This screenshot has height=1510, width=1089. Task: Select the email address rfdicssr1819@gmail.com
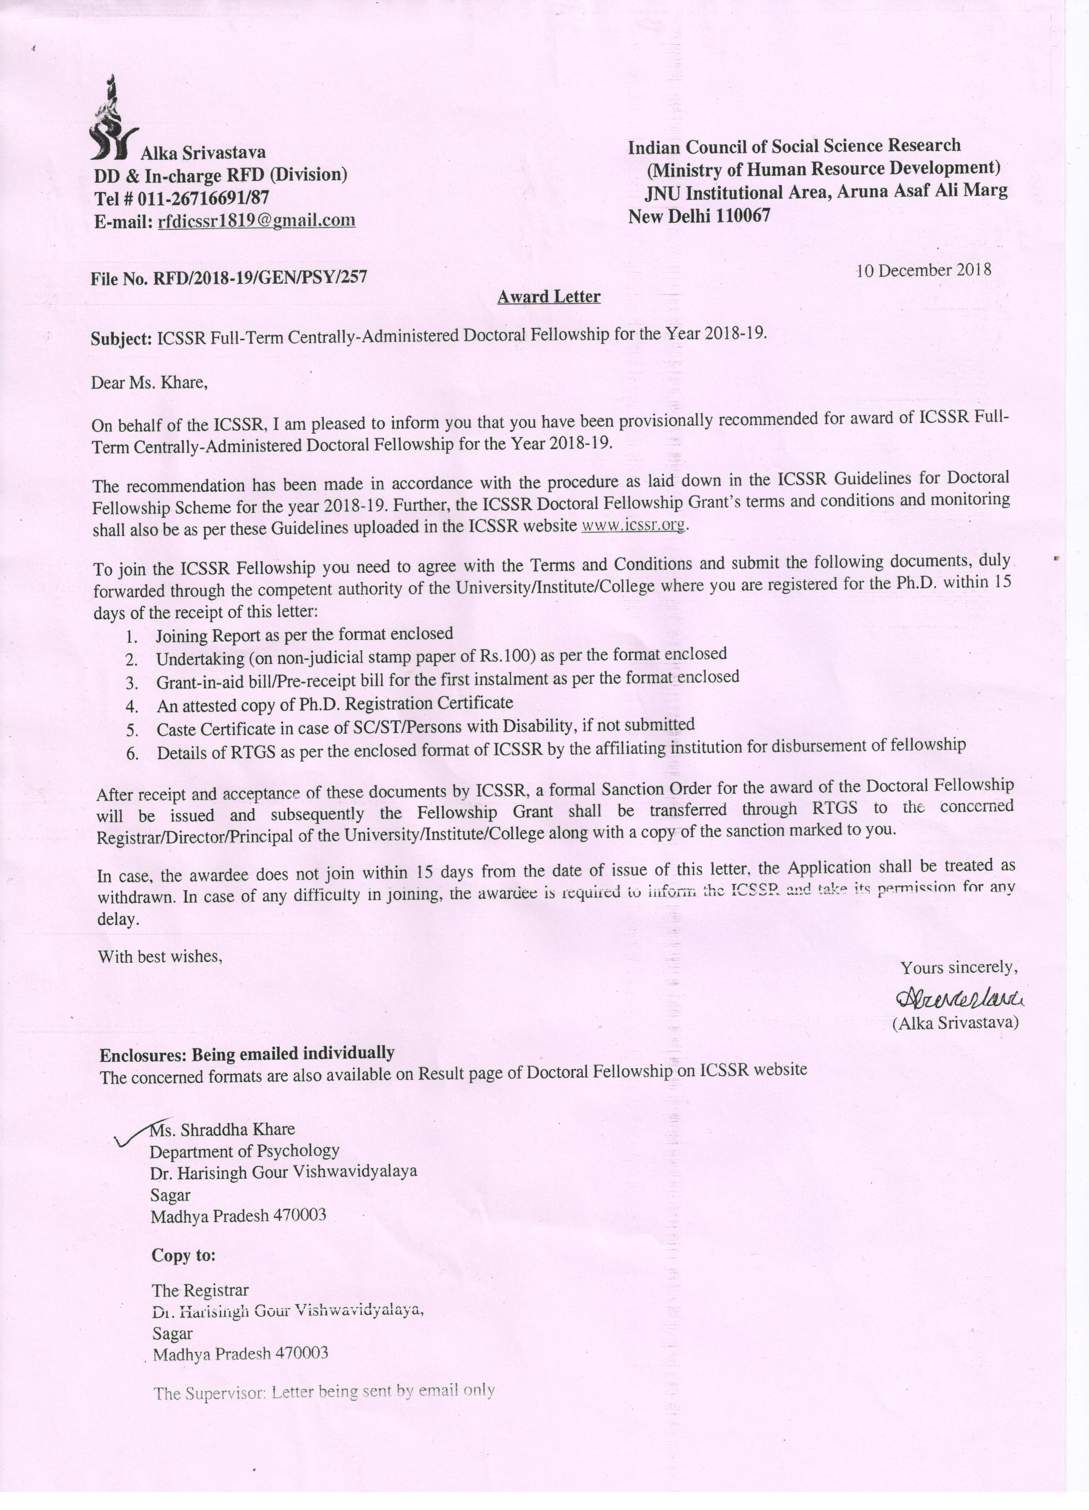click(x=256, y=221)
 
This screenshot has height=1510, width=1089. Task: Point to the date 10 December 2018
click(x=924, y=270)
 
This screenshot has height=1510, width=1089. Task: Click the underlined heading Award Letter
click(x=549, y=297)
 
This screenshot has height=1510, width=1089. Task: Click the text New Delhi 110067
click(x=699, y=217)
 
